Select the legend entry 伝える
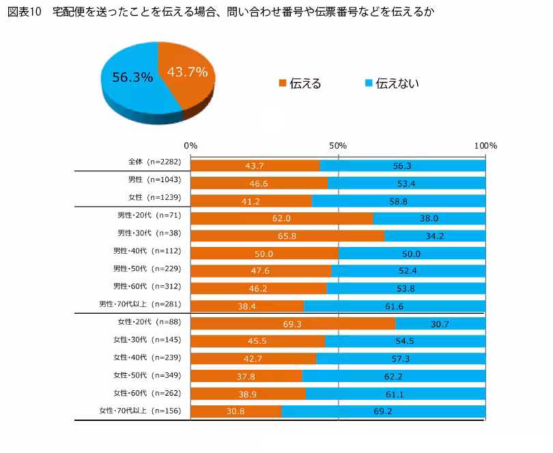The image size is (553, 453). (300, 84)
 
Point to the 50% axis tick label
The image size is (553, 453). (338, 146)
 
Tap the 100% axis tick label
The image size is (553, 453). (485, 146)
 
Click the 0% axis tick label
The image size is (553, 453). (191, 146)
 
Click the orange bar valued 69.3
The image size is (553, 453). (293, 323)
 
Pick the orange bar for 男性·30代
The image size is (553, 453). (287, 236)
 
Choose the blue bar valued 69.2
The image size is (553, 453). (383, 411)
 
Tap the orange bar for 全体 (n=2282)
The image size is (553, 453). (255, 166)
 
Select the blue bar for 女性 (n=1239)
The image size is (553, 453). (398, 201)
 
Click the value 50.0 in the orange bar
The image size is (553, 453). (264, 254)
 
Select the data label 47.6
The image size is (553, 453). (260, 271)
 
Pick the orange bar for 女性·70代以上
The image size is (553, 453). (236, 411)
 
